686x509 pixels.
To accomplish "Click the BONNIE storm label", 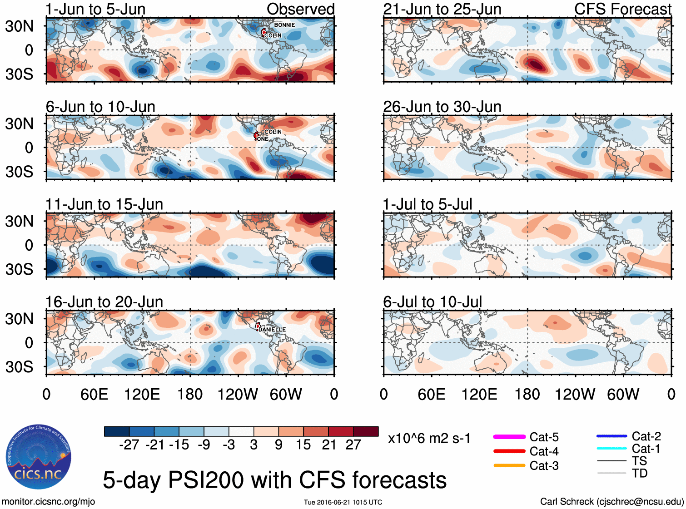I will [284, 25].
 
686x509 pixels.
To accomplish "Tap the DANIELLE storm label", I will [272, 330].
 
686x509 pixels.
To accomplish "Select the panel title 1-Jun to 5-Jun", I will [95, 9].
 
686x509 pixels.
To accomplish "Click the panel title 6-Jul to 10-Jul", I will [432, 302].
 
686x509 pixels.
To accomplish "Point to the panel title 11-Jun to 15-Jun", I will [104, 204].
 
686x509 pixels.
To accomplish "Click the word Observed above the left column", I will [300, 9].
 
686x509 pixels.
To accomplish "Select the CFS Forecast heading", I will [622, 9].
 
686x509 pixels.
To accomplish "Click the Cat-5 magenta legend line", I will [509, 437].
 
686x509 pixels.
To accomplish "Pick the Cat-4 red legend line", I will [509, 451].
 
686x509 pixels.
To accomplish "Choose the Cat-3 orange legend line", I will [509, 465].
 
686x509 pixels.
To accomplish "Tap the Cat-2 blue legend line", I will [611, 436].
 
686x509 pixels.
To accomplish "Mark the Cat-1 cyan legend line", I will [611, 449].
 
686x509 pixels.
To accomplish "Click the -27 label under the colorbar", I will [129, 445].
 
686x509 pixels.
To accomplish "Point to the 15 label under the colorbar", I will [303, 445].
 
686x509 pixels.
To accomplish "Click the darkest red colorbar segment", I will [366, 431].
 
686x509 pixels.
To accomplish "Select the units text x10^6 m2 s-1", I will [429, 439].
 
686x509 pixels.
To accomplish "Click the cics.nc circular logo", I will [39, 457].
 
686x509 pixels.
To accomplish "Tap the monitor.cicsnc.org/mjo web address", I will [49, 502].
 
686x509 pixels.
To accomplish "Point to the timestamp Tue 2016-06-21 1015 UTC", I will [343, 502].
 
